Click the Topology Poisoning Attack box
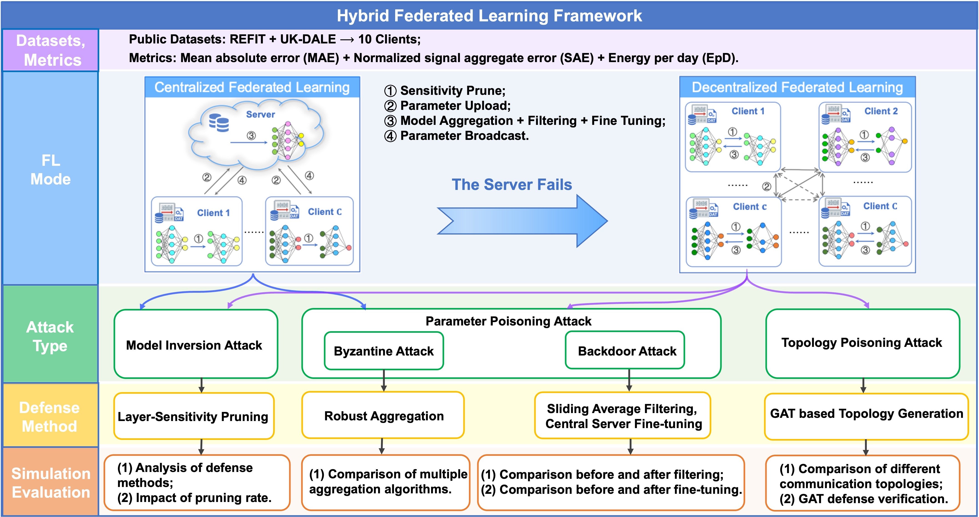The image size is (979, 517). [862, 343]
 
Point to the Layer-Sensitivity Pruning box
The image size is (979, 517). [193, 416]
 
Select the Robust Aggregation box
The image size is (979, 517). [384, 416]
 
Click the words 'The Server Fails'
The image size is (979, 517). [512, 185]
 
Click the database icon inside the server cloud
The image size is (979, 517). [219, 122]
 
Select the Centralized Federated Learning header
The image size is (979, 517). [252, 87]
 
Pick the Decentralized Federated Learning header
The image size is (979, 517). [797, 87]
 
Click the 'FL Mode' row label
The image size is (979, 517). [50, 170]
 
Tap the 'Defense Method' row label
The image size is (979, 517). [49, 417]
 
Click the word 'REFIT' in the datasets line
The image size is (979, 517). [247, 39]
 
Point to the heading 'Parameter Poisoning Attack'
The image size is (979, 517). [508, 321]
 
